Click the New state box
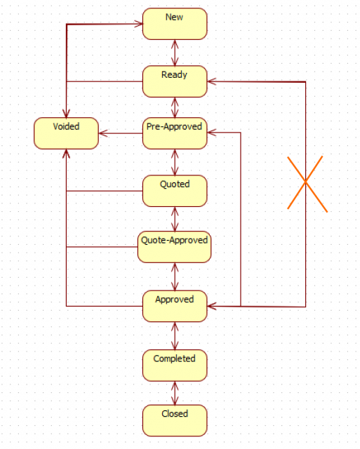pos(175,24)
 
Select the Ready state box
pos(175,81)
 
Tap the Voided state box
pos(66,133)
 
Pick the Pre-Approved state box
pos(175,133)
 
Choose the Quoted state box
pos(175,191)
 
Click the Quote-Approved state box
pos(175,247)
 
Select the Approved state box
pos(175,306)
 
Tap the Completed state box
pos(175,366)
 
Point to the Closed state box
pos(175,421)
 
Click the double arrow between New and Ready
pos(175,53)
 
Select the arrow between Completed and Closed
pos(175,393)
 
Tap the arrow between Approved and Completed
pos(175,336)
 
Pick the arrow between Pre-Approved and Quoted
pos(175,162)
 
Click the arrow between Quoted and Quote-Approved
pos(175,219)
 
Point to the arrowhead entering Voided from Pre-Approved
pos(102,133)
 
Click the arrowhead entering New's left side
pos(139,24)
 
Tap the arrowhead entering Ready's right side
pos(211,81)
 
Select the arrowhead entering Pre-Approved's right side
pos(211,133)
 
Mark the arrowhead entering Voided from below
pos(66,154)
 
